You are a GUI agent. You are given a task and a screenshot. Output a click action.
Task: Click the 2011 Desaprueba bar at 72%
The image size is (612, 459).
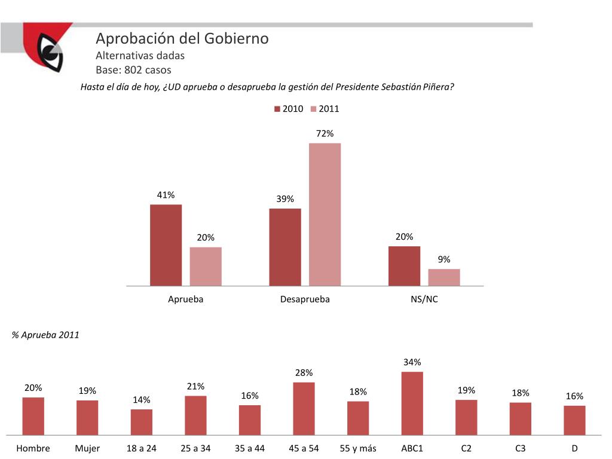[x=325, y=214]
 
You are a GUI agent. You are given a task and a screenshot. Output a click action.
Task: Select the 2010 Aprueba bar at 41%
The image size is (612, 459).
[x=166, y=245]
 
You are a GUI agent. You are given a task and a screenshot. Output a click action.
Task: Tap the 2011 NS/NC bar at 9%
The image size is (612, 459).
[x=444, y=277]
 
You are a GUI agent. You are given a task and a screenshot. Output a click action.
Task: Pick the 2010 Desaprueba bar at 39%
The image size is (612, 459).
[x=285, y=247]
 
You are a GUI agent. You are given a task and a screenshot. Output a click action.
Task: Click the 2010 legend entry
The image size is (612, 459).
[x=289, y=109]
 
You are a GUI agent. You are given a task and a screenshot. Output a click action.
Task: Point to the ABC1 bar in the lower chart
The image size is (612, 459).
[x=412, y=403]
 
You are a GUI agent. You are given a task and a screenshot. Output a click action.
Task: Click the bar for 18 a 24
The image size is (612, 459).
[x=142, y=422]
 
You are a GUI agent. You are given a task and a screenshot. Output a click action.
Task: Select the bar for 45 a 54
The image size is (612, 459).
[x=304, y=408]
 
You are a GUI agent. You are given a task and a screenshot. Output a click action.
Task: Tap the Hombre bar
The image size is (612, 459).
[x=33, y=416]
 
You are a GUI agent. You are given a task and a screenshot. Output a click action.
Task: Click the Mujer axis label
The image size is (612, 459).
[x=87, y=448]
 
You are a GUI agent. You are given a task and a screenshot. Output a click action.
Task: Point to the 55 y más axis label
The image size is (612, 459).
[x=357, y=448]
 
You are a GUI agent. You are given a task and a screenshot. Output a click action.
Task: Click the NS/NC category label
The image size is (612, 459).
[x=424, y=299]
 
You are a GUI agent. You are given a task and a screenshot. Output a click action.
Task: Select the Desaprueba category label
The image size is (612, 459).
[x=305, y=299]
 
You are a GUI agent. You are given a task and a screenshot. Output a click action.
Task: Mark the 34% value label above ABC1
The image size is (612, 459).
[x=412, y=362]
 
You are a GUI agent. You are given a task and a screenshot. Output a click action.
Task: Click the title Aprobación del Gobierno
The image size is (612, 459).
[x=182, y=39]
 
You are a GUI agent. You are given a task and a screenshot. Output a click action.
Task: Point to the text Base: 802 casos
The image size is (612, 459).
[x=133, y=70]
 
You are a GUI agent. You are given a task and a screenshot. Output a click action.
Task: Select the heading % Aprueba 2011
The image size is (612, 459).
[x=45, y=335]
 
